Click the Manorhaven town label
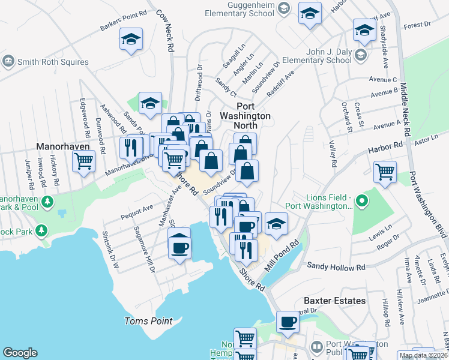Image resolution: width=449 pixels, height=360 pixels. pos(63,146)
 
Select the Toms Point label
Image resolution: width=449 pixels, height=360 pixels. pos(148,321)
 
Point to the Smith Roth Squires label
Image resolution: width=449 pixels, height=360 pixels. pos(53,62)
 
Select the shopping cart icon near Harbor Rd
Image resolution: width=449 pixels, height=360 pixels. pos(384,172)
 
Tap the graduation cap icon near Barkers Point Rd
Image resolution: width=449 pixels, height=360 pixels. pos(131,40)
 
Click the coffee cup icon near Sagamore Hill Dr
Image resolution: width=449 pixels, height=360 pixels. pos(179,246)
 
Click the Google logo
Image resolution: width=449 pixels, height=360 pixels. pos(20,353)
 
